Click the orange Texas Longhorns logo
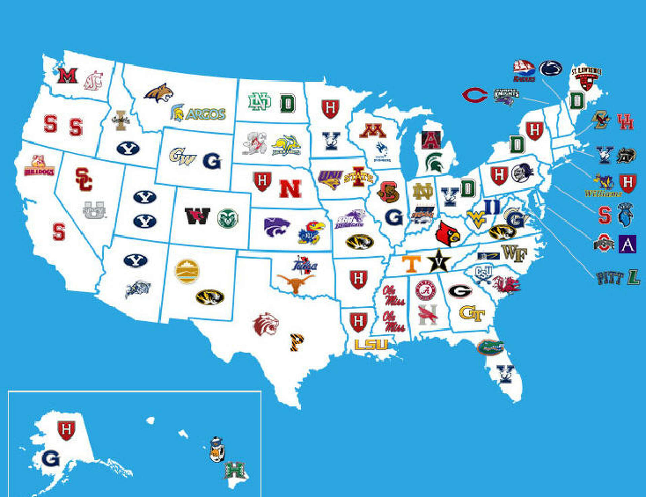[295, 282]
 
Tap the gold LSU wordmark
[371, 344]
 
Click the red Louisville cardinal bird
[447, 233]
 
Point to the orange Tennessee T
[411, 263]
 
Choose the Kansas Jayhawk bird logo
[311, 232]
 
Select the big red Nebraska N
[290, 189]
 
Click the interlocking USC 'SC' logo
[84, 179]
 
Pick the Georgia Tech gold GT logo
[472, 314]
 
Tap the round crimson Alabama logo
[425, 290]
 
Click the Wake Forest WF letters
[514, 253]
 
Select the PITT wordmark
[609, 278]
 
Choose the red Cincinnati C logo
[474, 95]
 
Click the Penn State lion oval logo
[551, 68]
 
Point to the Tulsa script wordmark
[304, 265]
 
